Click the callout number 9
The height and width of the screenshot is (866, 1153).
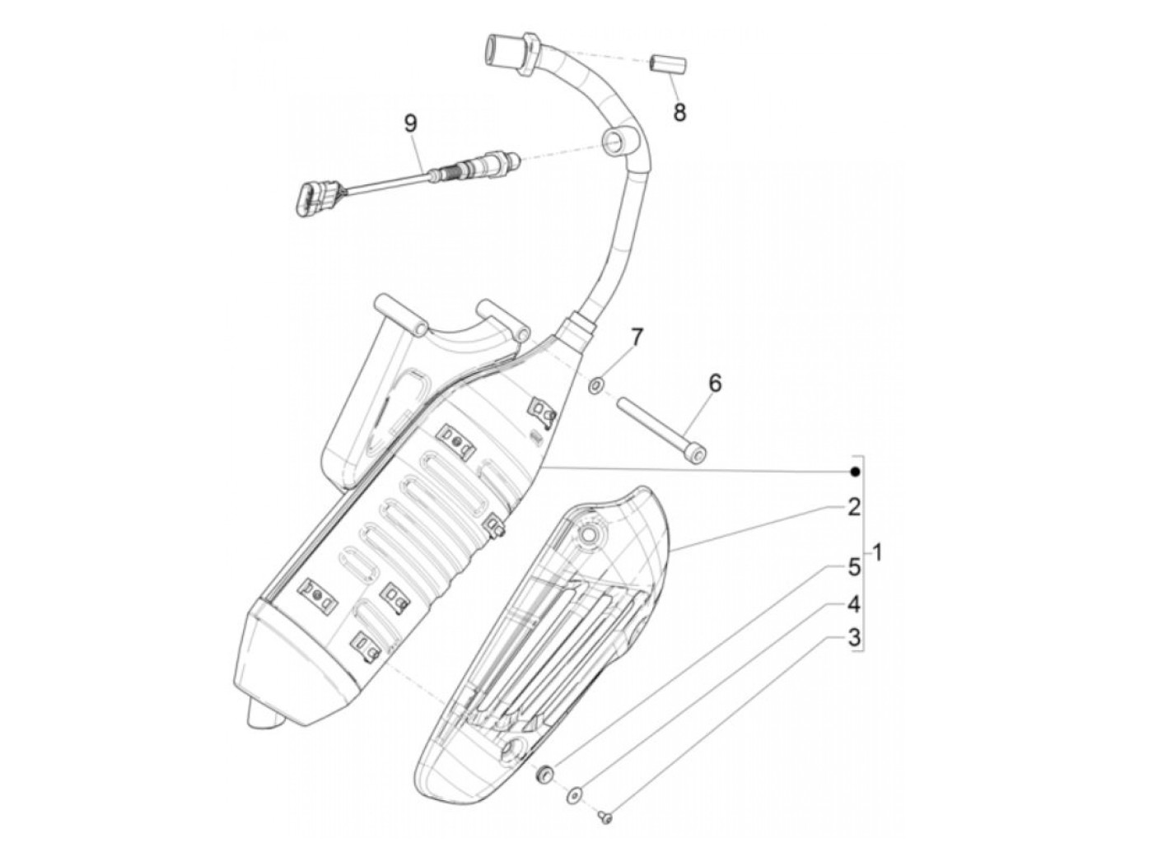[x=410, y=123]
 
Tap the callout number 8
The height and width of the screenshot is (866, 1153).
[x=679, y=112]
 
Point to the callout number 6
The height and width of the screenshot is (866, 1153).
[x=714, y=383]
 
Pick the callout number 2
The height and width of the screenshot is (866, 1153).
[x=853, y=507]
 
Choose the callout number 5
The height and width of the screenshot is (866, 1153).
[x=853, y=567]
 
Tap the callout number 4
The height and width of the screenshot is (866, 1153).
[x=853, y=605]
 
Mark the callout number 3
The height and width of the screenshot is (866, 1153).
[x=853, y=637]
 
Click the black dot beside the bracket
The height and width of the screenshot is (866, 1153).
[x=855, y=472]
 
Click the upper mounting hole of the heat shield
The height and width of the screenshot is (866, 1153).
[x=589, y=536]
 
